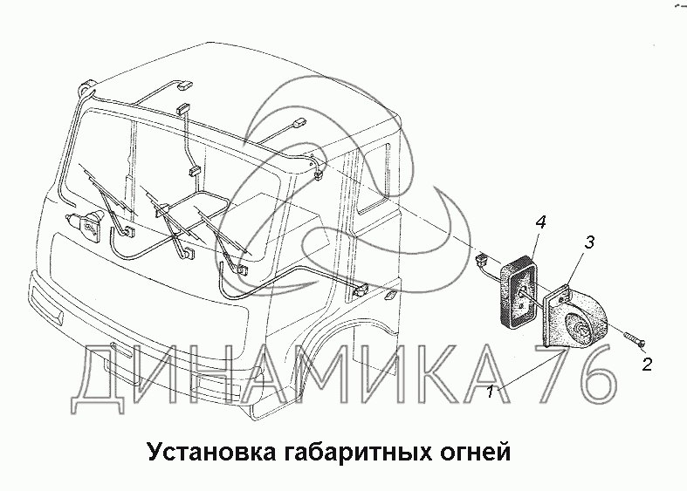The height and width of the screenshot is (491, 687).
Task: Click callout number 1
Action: point(491,391)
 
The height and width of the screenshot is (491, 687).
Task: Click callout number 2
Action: point(647,364)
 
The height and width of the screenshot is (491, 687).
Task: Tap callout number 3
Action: point(590,242)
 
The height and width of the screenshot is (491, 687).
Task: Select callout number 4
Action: point(540,222)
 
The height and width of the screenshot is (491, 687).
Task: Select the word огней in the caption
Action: point(475,453)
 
